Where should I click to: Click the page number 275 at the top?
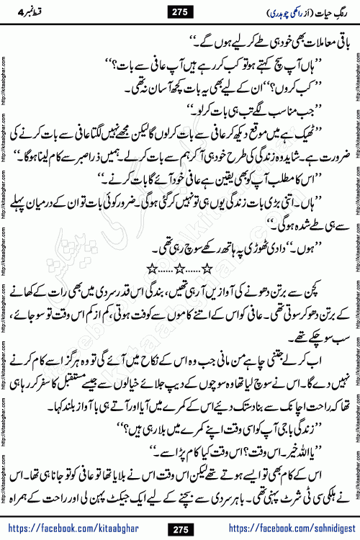pyautogui.click(x=179, y=10)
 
